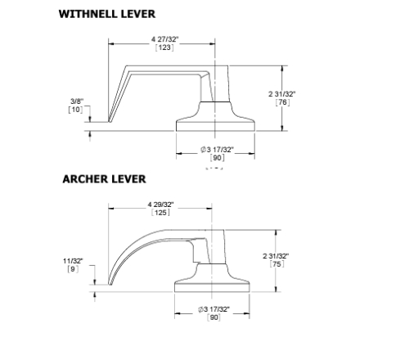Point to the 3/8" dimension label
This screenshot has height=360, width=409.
click(x=77, y=101)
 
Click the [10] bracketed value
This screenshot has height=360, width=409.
click(x=77, y=110)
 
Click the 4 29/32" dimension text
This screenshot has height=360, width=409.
click(x=164, y=202)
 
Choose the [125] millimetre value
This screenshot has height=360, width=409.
click(x=164, y=212)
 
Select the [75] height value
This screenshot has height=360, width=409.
click(x=306, y=263)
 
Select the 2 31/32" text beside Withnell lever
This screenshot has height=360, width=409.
click(x=306, y=93)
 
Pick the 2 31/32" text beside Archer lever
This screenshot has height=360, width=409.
click(x=306, y=254)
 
